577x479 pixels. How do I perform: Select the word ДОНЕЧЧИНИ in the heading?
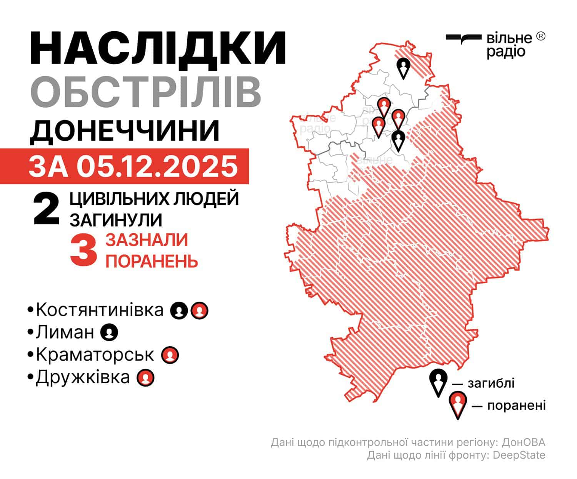[x=125, y=131]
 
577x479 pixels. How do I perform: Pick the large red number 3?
[x=83, y=250]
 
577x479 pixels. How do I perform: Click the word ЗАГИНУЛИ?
[x=115, y=220]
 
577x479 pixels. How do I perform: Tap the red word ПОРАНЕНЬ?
[x=152, y=261]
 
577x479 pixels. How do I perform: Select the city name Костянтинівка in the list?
[x=100, y=310]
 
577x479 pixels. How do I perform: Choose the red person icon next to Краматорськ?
[x=170, y=355]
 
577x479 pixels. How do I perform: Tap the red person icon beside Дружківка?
[x=146, y=378]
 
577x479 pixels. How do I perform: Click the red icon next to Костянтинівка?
[x=200, y=310]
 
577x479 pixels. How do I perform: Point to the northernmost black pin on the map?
[x=403, y=68]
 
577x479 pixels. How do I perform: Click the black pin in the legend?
[x=438, y=382]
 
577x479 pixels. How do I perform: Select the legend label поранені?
[x=516, y=406]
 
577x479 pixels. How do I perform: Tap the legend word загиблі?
[x=491, y=383]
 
